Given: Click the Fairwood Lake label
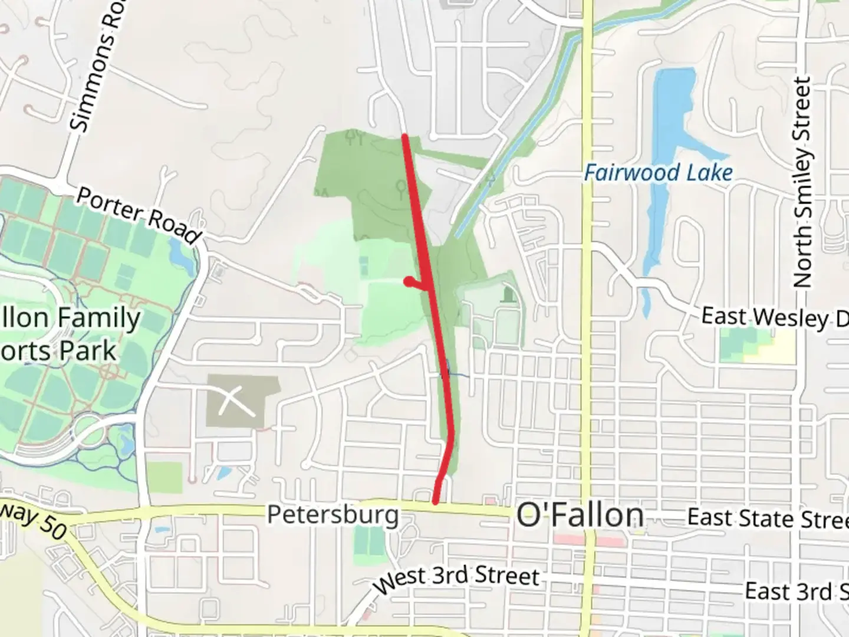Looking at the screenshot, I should click(658, 173).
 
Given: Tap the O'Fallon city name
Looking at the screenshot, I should click(580, 515).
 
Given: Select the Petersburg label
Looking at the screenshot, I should click(333, 514).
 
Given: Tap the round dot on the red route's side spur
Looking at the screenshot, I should click(407, 282).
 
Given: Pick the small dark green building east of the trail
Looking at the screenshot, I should click(506, 294).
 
